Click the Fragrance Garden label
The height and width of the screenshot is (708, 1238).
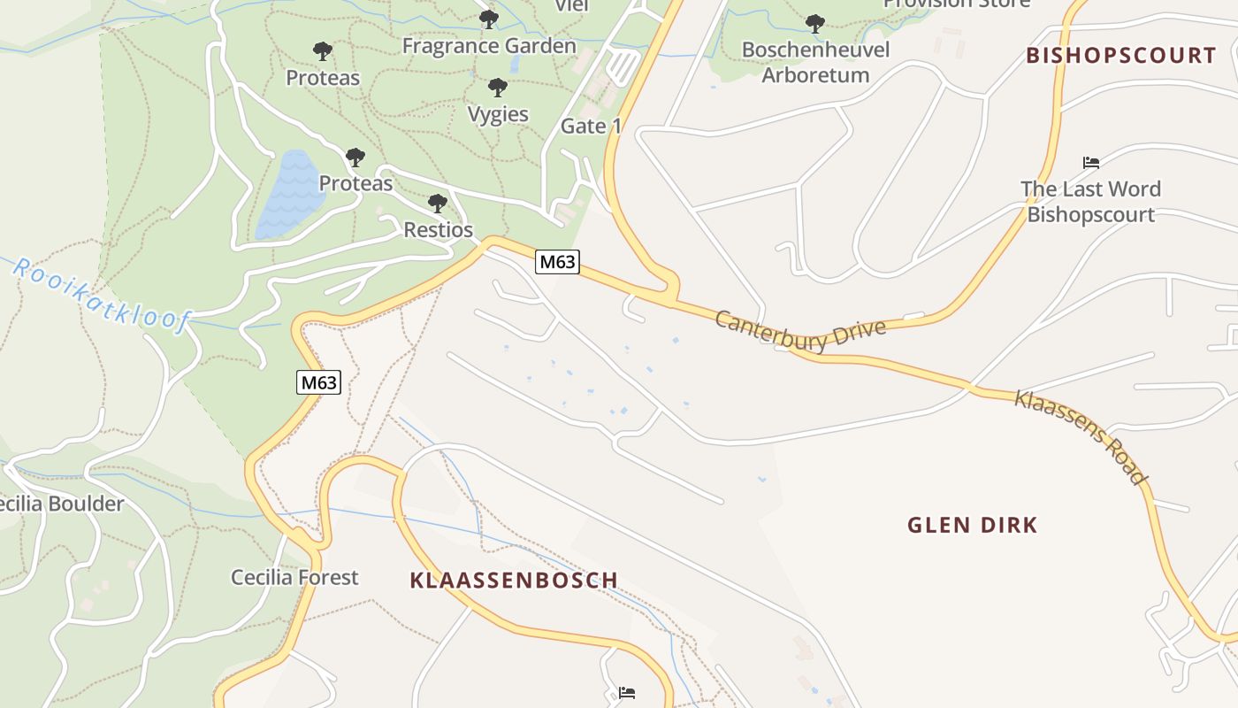pos(489,45)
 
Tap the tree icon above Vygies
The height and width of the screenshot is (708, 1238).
pos(498,88)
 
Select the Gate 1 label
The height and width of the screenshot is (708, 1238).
pos(591,126)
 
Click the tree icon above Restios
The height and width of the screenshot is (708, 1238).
pos(437,204)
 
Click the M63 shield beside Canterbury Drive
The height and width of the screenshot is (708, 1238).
pos(557,262)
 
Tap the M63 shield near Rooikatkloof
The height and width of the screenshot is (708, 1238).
pos(317,382)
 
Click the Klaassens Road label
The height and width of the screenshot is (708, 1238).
pos(1080,436)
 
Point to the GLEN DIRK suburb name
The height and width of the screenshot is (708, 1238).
pos(972,525)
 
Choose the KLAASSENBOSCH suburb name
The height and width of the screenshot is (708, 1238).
pos(514,581)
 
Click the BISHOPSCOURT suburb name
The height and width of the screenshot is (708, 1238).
pos(1121,55)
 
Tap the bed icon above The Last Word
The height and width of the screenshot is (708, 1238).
pos(1090,163)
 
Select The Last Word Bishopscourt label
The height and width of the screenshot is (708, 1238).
pos(1090,202)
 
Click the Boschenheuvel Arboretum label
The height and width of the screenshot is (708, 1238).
pos(815,62)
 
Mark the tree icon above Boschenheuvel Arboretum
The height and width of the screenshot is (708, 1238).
pos(815,23)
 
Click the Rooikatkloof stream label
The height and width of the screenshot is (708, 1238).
pos(101,295)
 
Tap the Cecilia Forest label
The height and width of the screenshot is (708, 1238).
pos(294,577)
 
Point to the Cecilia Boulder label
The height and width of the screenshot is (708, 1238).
pos(60,504)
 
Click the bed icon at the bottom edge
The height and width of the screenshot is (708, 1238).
pos(626,692)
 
